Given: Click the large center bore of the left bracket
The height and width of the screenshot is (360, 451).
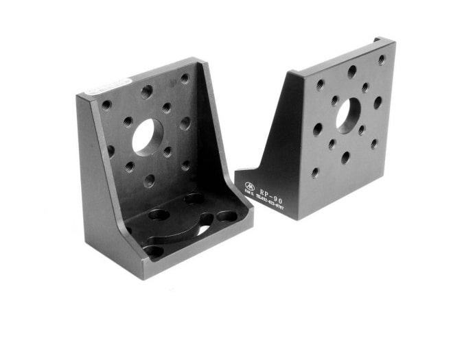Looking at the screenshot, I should [146, 137].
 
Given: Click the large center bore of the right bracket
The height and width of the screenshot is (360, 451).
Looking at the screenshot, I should [348, 115].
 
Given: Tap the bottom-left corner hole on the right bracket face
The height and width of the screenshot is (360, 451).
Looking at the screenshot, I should [314, 173].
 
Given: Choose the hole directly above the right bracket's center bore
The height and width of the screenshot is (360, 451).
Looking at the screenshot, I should [351, 71].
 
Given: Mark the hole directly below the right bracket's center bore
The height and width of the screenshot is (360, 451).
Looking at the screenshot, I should [345, 157].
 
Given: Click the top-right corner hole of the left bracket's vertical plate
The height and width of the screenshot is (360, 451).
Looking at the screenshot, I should [185, 78].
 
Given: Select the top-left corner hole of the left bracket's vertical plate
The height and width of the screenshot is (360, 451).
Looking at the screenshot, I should [106, 105].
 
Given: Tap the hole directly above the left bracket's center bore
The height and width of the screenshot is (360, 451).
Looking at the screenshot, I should [146, 91].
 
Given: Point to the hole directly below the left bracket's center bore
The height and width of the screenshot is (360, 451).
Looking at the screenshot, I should [149, 180].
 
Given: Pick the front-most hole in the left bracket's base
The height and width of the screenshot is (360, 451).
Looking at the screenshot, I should [154, 251].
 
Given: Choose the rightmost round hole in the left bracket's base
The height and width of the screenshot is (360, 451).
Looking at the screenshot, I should [227, 217].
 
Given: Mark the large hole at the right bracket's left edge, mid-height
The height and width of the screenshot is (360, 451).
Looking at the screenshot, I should [318, 129].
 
